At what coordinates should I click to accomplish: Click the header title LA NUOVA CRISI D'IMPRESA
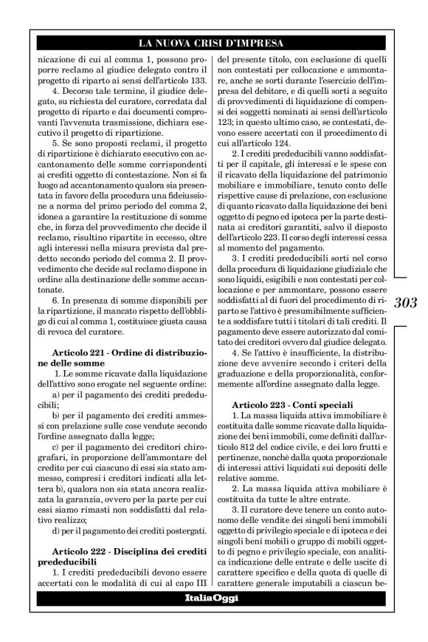pyautogui.click(x=214, y=44)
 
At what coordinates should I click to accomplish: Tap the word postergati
pyautogui.click(x=176, y=510)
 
